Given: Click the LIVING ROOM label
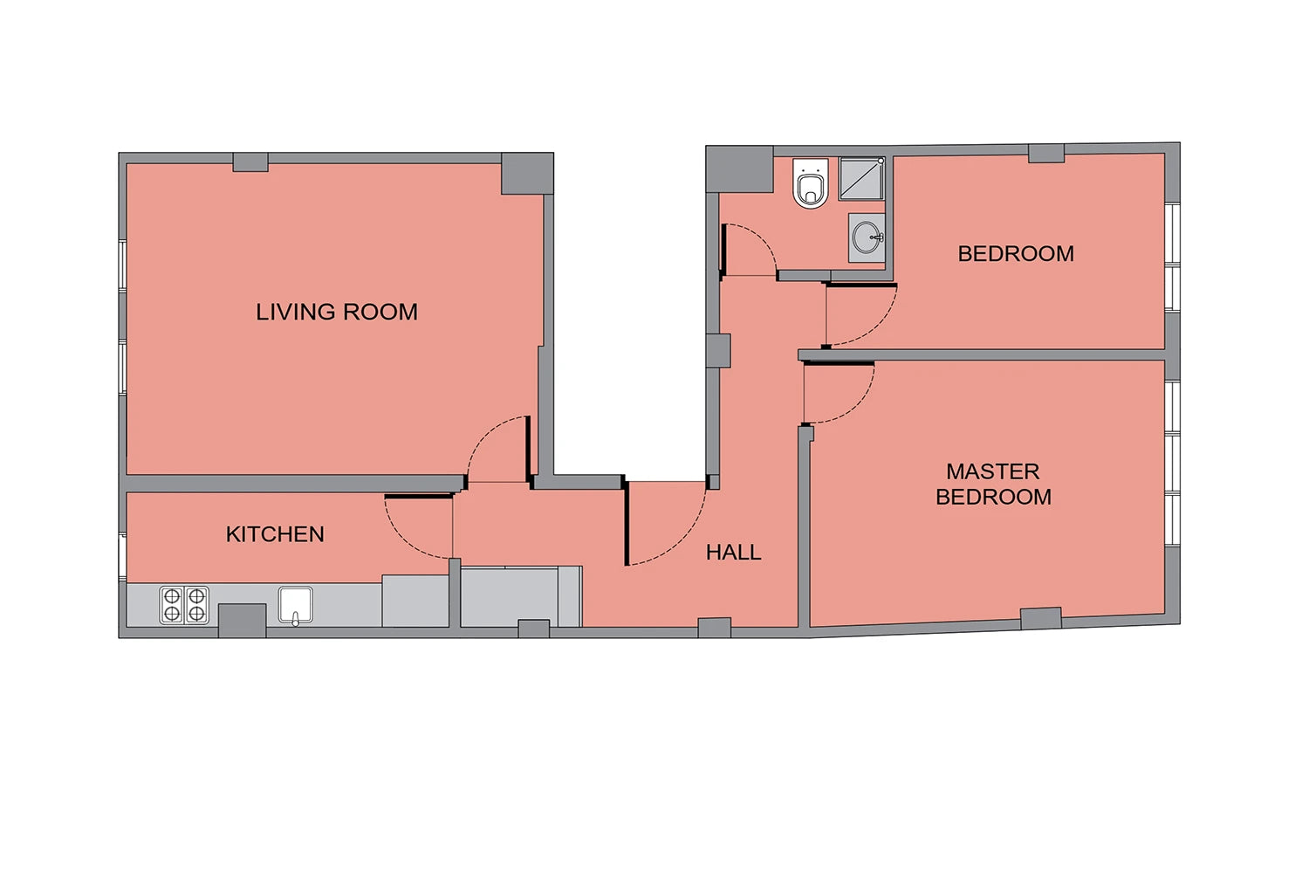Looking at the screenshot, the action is (337, 312).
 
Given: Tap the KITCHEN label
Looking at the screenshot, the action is (275, 534).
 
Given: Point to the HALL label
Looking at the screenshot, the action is (733, 552).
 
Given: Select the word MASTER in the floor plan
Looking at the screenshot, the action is (993, 471).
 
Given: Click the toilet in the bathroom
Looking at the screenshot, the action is (811, 182).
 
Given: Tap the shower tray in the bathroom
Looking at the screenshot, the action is (861, 178).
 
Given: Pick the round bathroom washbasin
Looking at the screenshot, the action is (867, 237).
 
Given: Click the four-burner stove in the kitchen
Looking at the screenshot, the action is (184, 605).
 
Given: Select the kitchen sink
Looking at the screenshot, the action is (295, 606).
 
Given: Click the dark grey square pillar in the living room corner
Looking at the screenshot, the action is (527, 174).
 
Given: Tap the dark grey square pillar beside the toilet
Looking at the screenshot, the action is (739, 169).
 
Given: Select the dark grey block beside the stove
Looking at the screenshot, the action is (242, 621).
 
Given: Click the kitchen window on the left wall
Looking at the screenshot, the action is (122, 556).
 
